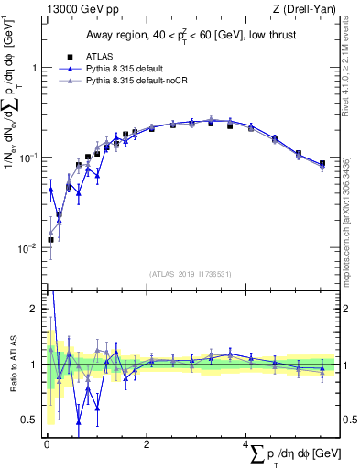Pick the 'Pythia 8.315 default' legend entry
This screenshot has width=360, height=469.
point(120,68)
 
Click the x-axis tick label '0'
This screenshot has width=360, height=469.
point(47,444)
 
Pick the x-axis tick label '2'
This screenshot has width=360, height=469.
point(147,444)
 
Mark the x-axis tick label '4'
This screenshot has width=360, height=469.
point(247,444)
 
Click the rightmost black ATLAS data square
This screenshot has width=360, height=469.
point(322,164)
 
